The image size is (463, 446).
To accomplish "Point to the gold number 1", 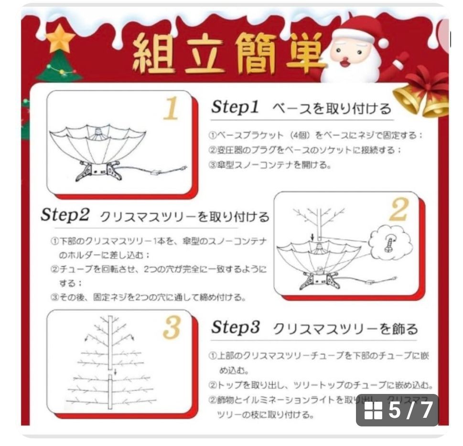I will (x=171, y=109).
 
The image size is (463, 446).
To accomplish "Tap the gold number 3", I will (x=172, y=328).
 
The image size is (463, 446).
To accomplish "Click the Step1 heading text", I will (x=235, y=107).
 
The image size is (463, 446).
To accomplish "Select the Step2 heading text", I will (x=65, y=215).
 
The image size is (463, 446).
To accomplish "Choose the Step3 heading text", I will (x=236, y=328).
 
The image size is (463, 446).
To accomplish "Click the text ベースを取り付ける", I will (x=332, y=108).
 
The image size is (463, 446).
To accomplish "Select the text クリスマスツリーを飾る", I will (x=345, y=329).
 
